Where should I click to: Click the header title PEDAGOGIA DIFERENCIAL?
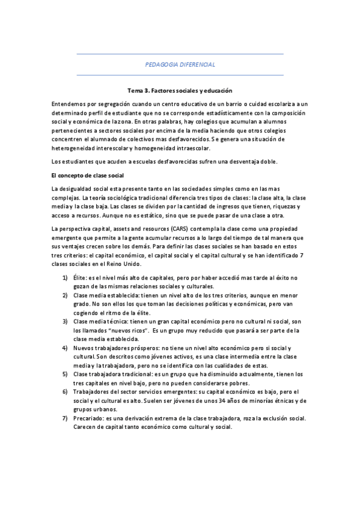pos(180,64)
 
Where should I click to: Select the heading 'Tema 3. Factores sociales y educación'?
pos(180,90)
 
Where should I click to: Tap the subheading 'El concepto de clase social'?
pos(88,175)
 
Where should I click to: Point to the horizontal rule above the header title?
pos(180,54)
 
